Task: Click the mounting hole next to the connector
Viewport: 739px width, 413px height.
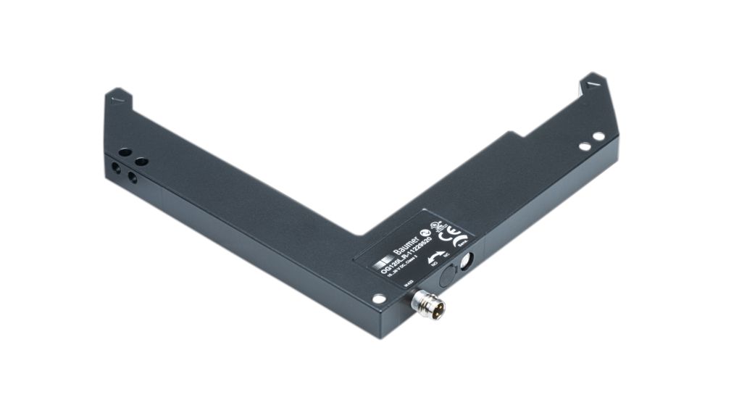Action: tap(378, 298)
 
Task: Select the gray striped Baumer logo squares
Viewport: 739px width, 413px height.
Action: tap(382, 264)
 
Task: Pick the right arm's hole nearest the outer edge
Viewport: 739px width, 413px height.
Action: tap(598, 135)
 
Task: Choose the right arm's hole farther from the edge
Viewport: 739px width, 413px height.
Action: tap(584, 146)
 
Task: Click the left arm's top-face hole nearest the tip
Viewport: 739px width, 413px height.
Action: tap(125, 153)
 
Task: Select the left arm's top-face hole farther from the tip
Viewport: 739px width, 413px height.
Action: tap(141, 161)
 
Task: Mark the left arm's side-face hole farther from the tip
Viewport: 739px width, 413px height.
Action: tap(133, 177)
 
